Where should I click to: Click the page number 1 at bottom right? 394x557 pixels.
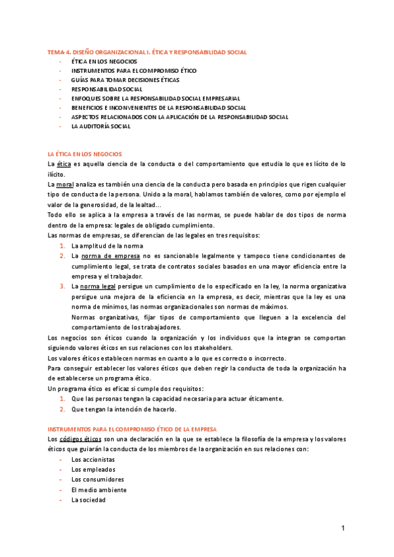click(x=343, y=528)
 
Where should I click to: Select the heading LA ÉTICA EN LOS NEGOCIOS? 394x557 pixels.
click(x=85, y=153)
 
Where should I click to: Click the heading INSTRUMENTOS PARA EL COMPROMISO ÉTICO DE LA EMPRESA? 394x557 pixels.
click(x=132, y=428)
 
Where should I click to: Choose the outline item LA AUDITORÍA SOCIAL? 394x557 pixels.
click(x=101, y=126)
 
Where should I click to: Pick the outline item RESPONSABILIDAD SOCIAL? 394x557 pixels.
click(x=106, y=89)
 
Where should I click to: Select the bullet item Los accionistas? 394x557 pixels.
click(x=93, y=459)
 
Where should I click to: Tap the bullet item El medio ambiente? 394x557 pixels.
click(x=99, y=489)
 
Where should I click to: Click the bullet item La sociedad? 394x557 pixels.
click(x=89, y=499)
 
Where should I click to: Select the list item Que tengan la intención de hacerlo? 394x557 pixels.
click(x=124, y=409)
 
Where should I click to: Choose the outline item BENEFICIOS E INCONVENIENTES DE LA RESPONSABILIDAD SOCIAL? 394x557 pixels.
click(x=159, y=107)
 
